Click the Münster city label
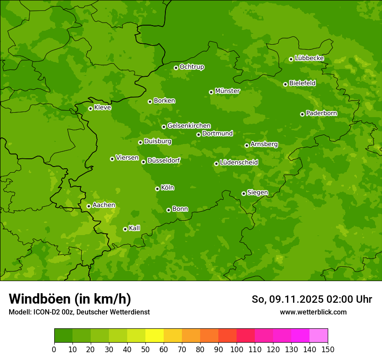(227, 91)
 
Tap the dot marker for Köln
(157, 189)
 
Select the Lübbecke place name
(309, 58)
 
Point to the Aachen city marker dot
(89, 206)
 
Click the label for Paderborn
(321, 113)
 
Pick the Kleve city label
(102, 108)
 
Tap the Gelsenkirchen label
(189, 126)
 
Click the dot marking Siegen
(244, 193)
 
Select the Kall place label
(134, 228)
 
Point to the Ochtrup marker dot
(176, 68)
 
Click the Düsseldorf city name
(164, 160)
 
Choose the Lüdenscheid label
(239, 163)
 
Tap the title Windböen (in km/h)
(70, 299)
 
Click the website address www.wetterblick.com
(313, 312)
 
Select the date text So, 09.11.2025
(287, 299)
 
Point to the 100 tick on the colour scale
(237, 350)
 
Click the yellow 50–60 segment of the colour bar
(155, 336)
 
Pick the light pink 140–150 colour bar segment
(319, 336)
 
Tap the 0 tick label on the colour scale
(54, 350)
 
